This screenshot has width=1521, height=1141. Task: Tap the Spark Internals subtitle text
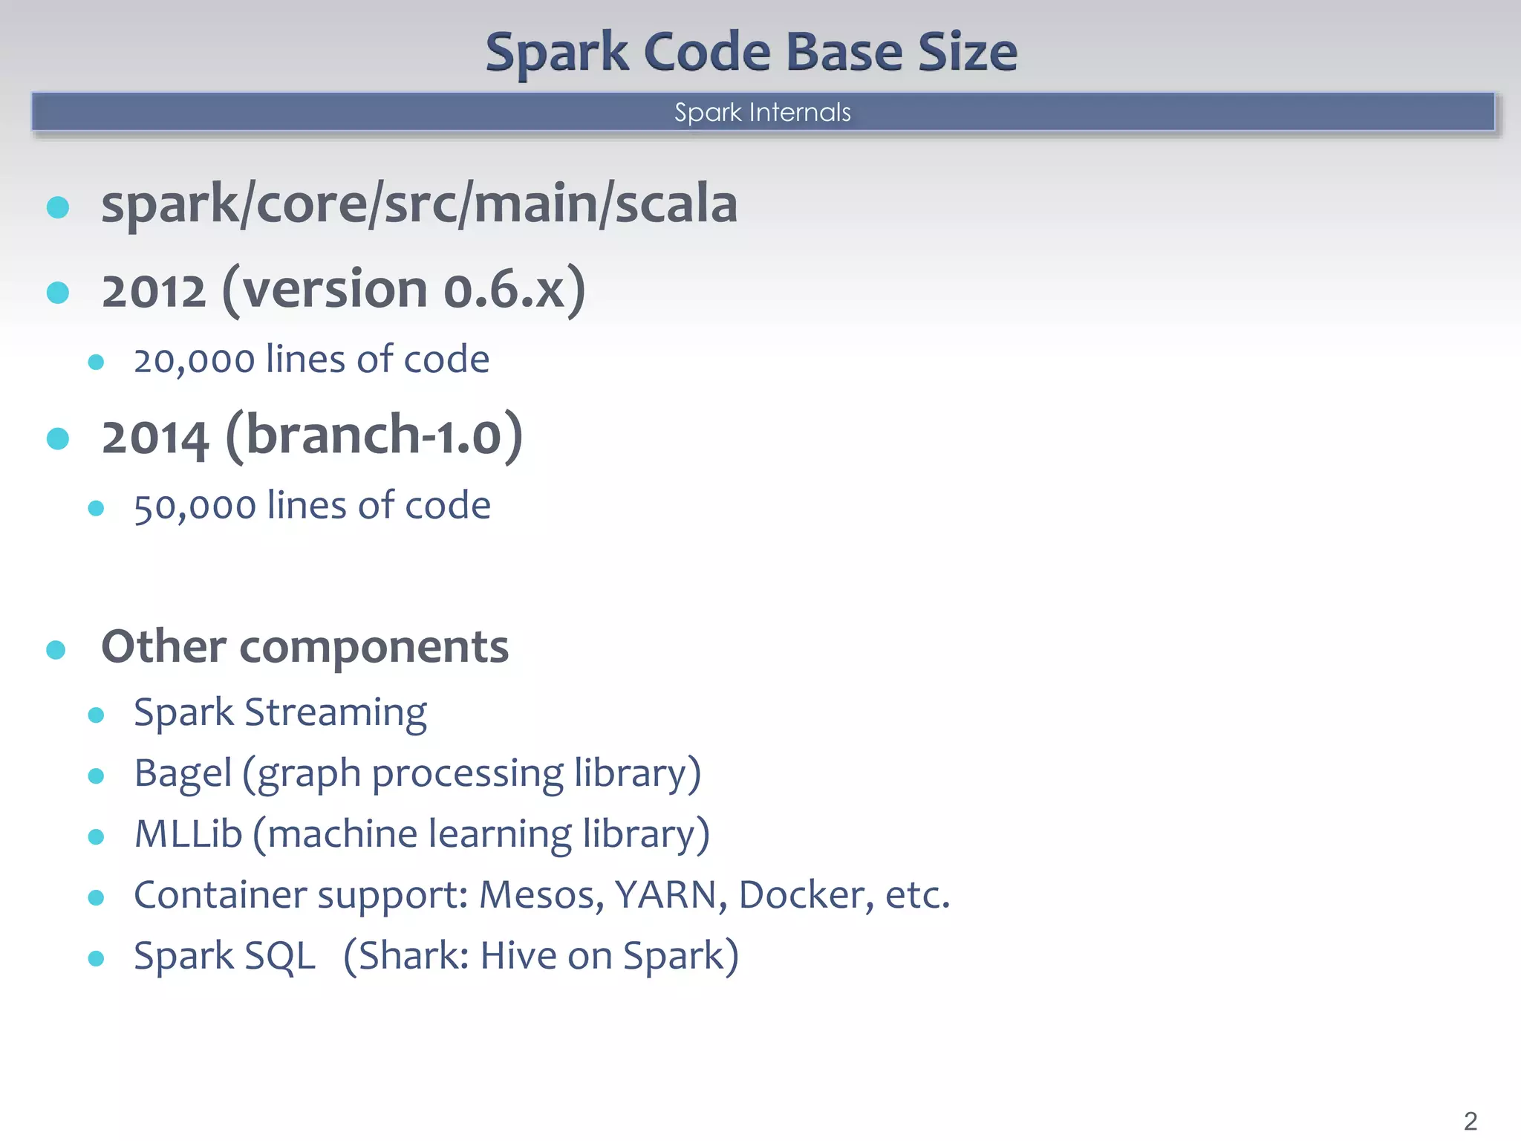(x=762, y=112)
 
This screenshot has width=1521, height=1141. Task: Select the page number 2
(x=1470, y=1120)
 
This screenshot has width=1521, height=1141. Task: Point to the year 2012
(x=153, y=290)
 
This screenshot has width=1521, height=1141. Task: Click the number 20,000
(x=194, y=360)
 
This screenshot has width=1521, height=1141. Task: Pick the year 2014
(x=154, y=437)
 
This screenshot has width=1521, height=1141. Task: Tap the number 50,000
(x=195, y=507)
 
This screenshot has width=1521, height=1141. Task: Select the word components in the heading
(x=374, y=647)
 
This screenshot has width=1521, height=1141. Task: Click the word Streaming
(x=336, y=713)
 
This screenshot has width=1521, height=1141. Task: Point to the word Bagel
(x=183, y=773)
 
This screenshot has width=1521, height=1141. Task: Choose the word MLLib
(x=188, y=834)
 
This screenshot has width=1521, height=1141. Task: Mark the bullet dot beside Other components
(x=56, y=650)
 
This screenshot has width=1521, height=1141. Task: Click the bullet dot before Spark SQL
(x=96, y=958)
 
